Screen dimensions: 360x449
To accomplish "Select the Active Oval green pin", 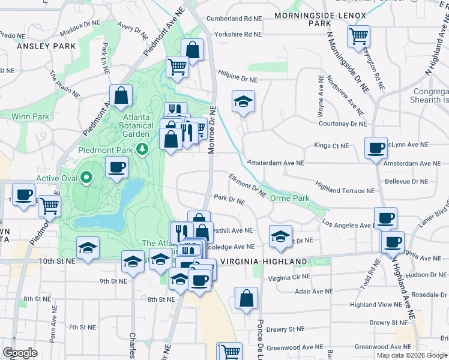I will pyautogui.click(x=86, y=178).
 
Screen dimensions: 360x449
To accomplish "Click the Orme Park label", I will pyautogui.click(x=289, y=198).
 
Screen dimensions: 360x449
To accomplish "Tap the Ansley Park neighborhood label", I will pyautogui.click(x=46, y=46).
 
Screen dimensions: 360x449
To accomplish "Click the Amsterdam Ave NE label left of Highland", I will pyautogui.click(x=276, y=163).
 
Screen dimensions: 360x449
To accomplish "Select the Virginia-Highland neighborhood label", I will pyautogui.click(x=264, y=262).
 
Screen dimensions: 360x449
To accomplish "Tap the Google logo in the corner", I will pyautogui.click(x=20, y=353).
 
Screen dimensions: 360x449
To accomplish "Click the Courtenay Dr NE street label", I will pyautogui.click(x=342, y=124).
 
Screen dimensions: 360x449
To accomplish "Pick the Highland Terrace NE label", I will pyautogui.click(x=345, y=190).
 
